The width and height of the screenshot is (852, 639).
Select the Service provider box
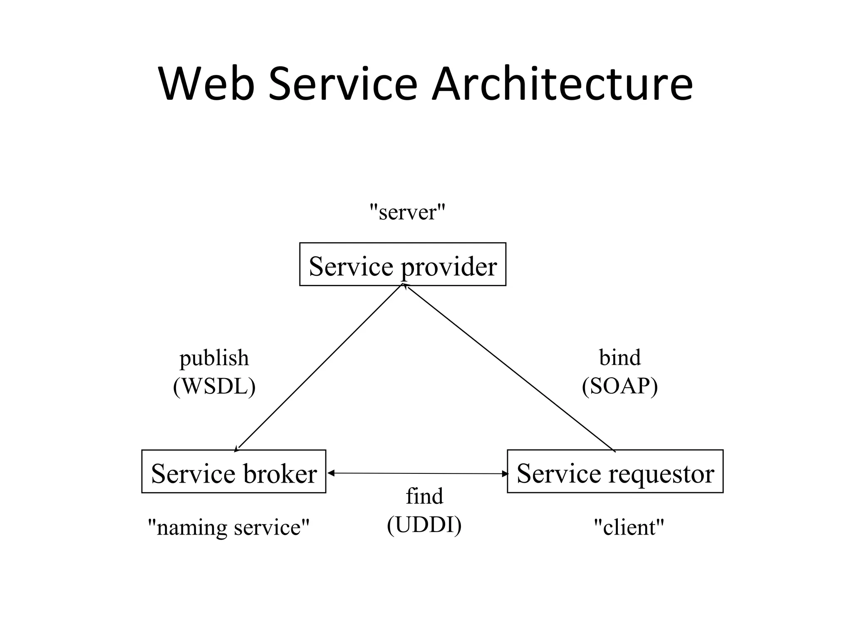[402, 265]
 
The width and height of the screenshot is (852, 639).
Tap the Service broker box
[233, 472]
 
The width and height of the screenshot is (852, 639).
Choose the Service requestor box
[615, 472]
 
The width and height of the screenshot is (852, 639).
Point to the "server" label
[407, 212]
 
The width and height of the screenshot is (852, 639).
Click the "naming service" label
[229, 527]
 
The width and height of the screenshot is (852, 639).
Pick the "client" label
[629, 527]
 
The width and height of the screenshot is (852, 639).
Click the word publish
[214, 358]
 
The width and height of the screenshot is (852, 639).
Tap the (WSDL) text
[214, 386]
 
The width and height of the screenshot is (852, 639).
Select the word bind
[620, 357]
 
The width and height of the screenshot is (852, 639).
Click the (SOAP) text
[620, 386]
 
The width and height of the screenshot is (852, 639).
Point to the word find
[424, 496]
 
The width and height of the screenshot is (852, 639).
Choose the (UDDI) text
[424, 525]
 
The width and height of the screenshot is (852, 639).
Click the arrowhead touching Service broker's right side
[331, 473]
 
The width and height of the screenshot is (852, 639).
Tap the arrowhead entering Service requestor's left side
[505, 473]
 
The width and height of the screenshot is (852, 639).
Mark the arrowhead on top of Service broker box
[237, 448]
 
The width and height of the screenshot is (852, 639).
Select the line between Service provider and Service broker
[319, 366]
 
